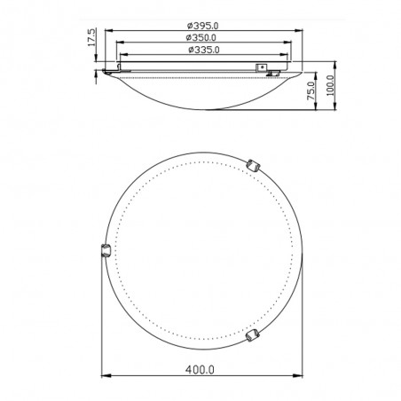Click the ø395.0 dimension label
(203, 26)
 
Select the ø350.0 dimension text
(201, 37)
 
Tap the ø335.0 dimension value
(204, 50)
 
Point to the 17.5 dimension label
(91, 37)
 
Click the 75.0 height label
(311, 90)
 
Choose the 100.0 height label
(330, 85)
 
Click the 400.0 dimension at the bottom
(200, 370)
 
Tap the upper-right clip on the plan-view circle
(254, 166)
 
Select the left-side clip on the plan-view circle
(106, 250)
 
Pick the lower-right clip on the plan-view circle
(252, 335)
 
